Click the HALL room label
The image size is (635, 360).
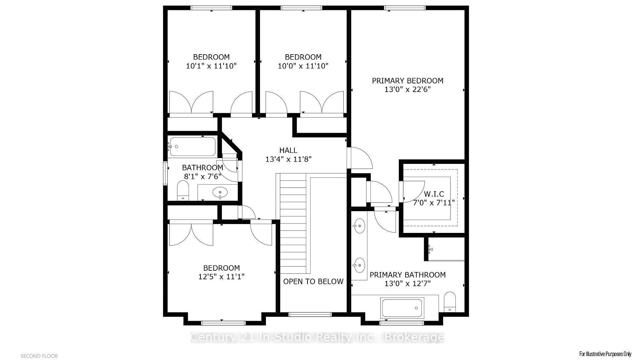pyautogui.click(x=288, y=150)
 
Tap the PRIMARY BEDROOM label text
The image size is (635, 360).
pyautogui.click(x=407, y=81)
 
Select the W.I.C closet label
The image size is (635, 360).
pyautogui.click(x=434, y=194)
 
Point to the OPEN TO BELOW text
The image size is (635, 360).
pyautogui.click(x=313, y=281)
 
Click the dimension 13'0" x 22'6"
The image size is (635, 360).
pyautogui.click(x=407, y=89)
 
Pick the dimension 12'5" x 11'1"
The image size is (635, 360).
pyautogui.click(x=221, y=276)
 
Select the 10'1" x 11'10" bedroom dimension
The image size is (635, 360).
pyautogui.click(x=211, y=66)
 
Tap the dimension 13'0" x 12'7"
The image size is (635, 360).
pyautogui.click(x=407, y=284)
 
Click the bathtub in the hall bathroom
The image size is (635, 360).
pyautogui.click(x=192, y=147)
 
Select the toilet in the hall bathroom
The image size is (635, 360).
pyautogui.click(x=183, y=191)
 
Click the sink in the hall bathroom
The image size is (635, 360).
pyautogui.click(x=220, y=192)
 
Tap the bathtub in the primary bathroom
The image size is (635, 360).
pyautogui.click(x=402, y=308)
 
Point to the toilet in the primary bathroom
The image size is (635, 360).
pyautogui.click(x=450, y=302)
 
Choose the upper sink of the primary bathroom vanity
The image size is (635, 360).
pyautogui.click(x=359, y=226)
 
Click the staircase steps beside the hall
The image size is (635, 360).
pyautogui.click(x=293, y=223)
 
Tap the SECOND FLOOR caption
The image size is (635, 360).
pyautogui.click(x=39, y=356)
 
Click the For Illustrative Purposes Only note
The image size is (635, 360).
pyautogui.click(x=605, y=354)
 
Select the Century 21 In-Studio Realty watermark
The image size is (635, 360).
pyautogui.click(x=317, y=337)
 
